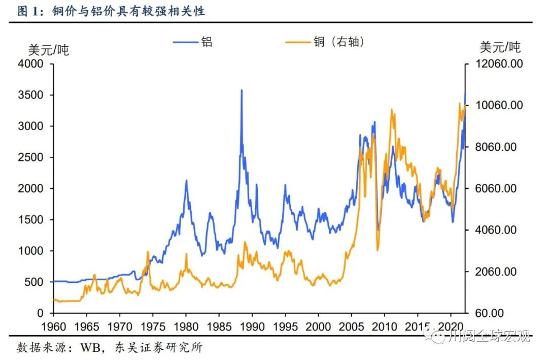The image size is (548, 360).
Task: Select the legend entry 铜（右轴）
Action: (338, 42)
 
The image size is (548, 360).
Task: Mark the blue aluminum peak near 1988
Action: (242, 90)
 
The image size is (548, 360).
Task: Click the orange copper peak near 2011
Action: (391, 110)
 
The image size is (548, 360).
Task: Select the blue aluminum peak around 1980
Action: (186, 180)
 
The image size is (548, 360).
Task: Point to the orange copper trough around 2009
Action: (378, 250)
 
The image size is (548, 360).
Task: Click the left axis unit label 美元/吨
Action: (48, 50)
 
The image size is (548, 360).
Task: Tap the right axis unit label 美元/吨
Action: (500, 48)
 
